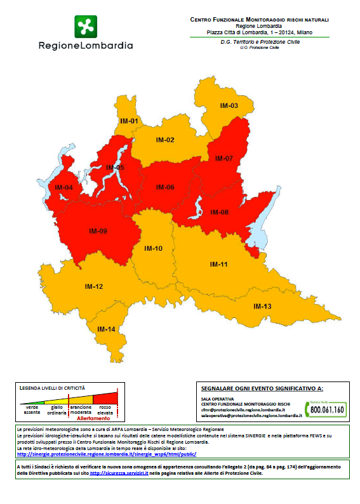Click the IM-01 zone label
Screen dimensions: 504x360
tap(129, 121)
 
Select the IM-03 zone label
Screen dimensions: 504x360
tap(229, 105)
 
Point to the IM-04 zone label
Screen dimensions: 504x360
tap(63, 187)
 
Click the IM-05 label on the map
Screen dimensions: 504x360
tap(115, 168)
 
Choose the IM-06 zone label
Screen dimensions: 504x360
tap(165, 187)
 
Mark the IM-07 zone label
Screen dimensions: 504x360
tap(223, 158)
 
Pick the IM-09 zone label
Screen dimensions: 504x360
tap(98, 232)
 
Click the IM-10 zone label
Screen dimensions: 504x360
tap(154, 248)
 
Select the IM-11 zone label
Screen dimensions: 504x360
tap(218, 264)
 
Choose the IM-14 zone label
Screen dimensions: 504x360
tap(106, 329)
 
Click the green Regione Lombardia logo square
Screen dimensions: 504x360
tap(86, 27)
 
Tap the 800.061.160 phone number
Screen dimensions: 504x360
tap(328, 410)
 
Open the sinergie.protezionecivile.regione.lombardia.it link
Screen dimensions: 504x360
tap(107, 454)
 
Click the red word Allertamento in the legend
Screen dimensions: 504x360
tap(93, 419)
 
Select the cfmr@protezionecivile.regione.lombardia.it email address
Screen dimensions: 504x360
tap(243, 410)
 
